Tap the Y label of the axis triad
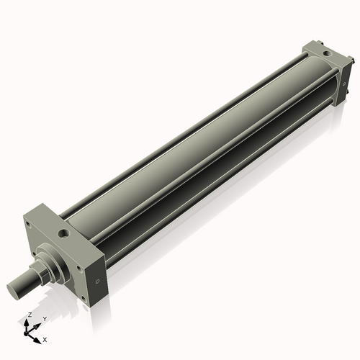[44, 318]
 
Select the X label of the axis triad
[45, 338]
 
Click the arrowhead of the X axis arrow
[37, 336]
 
